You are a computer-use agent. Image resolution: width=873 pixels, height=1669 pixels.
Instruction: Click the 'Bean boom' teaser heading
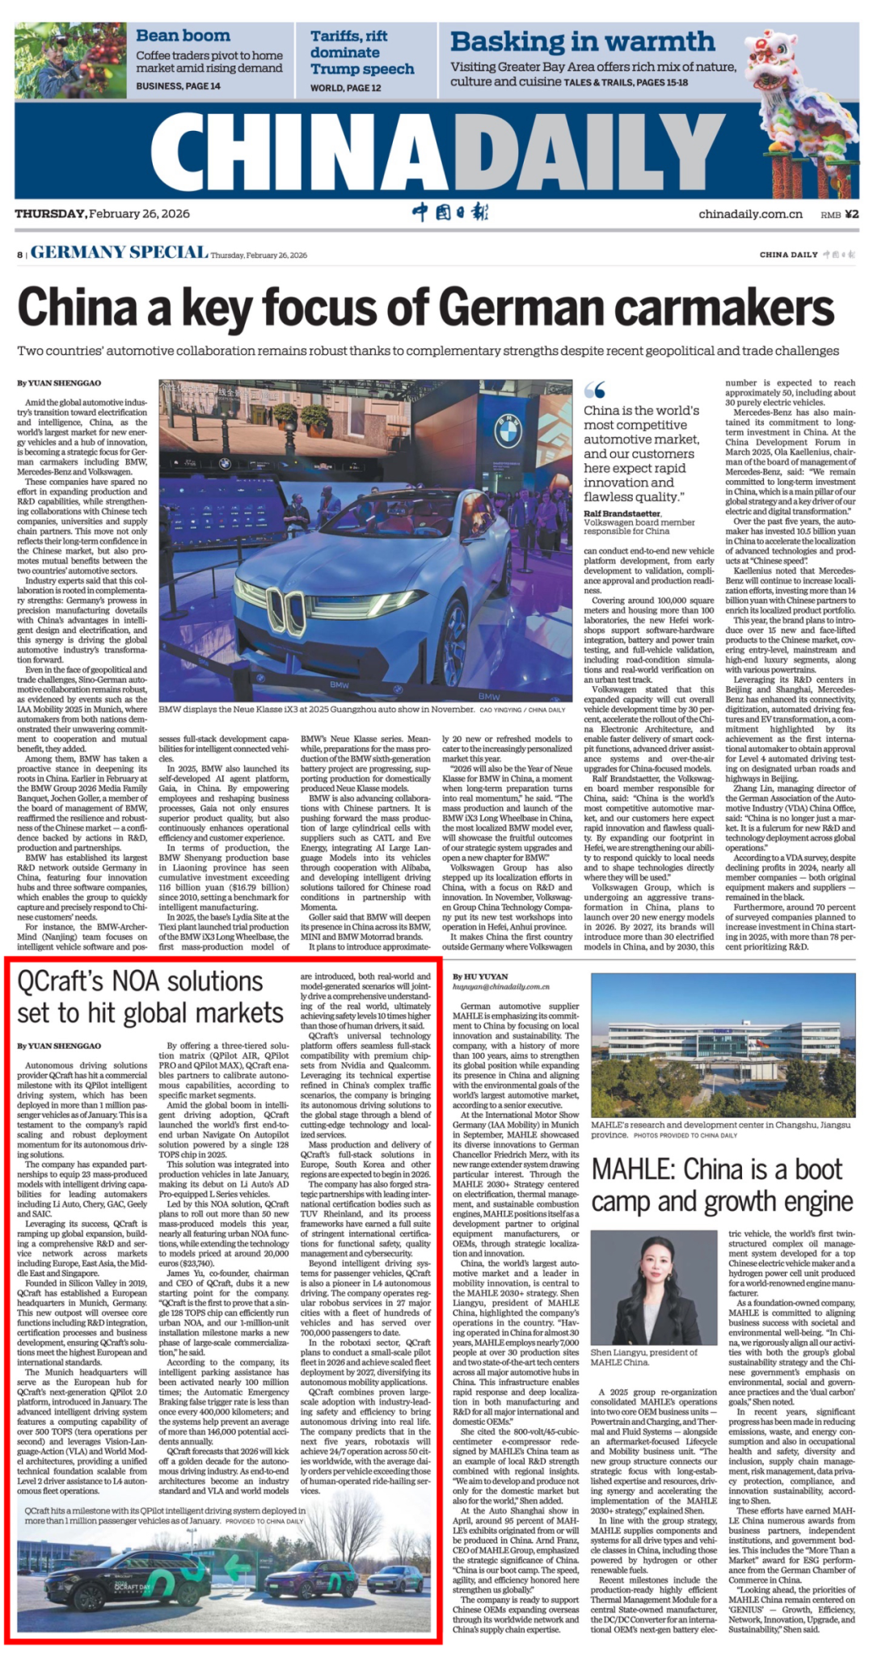tap(183, 36)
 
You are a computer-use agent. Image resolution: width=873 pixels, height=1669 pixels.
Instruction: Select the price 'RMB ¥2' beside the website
tap(839, 214)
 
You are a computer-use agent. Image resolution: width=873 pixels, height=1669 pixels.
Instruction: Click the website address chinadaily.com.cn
tap(750, 214)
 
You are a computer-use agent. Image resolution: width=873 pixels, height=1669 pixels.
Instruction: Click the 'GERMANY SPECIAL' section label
tap(119, 253)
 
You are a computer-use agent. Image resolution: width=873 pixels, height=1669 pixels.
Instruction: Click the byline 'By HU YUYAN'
tap(480, 976)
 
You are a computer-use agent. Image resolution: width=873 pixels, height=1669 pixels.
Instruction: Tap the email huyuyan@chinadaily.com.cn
tap(500, 987)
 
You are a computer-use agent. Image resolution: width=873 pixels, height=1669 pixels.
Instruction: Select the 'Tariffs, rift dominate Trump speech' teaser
tap(362, 53)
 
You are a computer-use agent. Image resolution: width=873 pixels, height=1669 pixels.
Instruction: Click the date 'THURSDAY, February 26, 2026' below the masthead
tap(103, 213)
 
